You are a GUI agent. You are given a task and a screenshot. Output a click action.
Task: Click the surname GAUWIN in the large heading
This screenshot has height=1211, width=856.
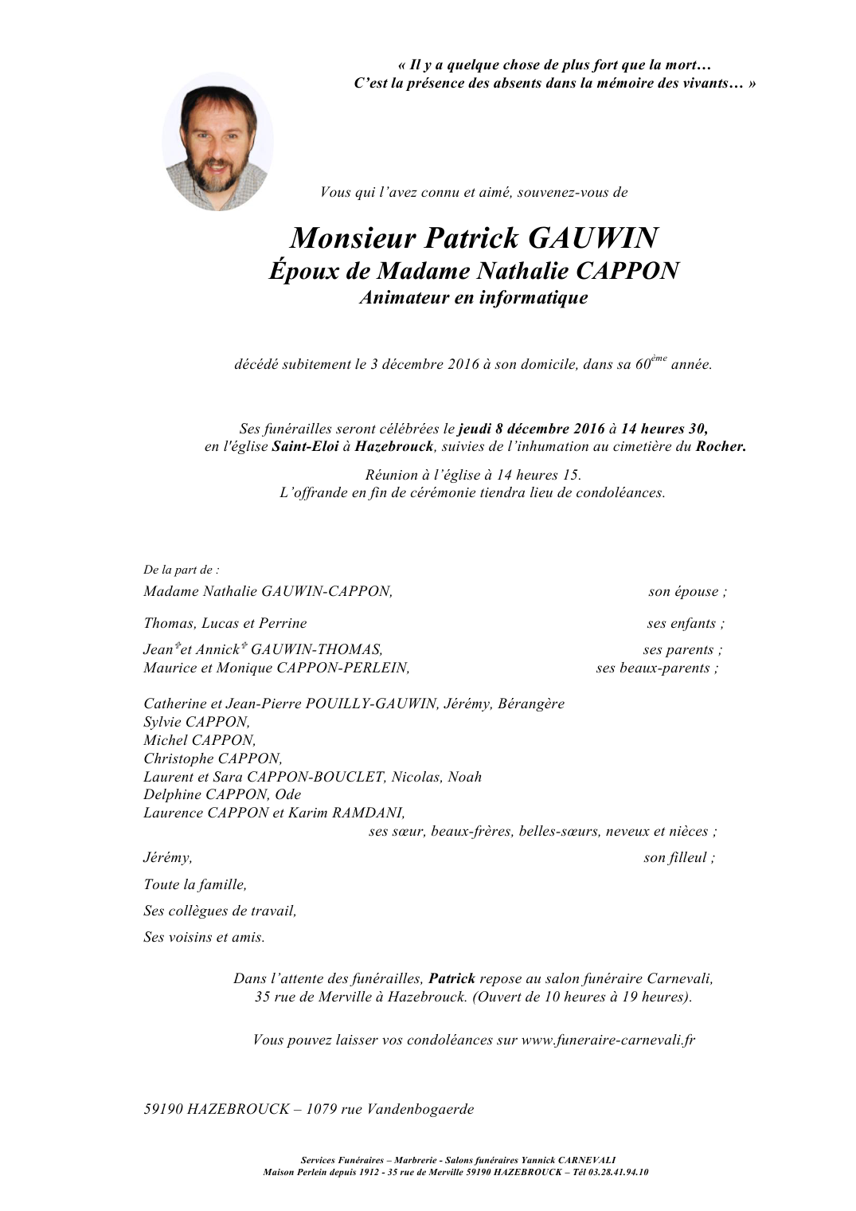[592, 238]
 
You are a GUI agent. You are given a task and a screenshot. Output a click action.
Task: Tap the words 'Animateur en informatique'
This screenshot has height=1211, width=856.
[474, 298]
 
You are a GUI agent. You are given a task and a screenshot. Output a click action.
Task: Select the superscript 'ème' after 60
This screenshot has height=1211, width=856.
[659, 359]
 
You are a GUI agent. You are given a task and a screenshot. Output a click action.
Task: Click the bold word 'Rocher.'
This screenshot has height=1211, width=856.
[721, 447]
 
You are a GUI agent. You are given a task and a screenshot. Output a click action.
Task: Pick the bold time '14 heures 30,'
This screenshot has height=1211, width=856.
[664, 429]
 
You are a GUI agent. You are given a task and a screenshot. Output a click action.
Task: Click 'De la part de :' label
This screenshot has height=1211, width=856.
[181, 570]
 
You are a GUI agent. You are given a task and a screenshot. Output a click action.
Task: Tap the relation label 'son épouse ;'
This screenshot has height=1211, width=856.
[687, 592]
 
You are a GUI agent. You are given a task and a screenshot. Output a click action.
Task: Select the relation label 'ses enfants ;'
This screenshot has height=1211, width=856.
[686, 624]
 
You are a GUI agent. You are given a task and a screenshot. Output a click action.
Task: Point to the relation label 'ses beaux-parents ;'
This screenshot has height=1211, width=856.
[657, 668]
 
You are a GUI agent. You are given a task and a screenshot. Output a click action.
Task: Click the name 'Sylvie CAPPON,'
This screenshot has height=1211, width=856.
[197, 723]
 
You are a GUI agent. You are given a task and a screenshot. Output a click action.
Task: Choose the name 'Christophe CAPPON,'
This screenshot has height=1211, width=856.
[213, 759]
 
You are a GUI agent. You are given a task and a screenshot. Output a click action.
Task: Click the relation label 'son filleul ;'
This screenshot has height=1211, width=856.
[679, 858]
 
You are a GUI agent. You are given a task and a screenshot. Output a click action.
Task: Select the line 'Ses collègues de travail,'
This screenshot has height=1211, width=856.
[220, 911]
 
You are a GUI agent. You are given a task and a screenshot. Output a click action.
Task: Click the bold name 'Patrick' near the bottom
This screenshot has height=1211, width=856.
[451, 979]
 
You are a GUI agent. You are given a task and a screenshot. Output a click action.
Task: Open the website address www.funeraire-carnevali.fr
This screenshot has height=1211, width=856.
[608, 1041]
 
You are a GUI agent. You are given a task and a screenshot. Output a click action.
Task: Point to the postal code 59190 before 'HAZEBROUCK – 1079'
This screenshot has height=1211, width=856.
[163, 1110]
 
